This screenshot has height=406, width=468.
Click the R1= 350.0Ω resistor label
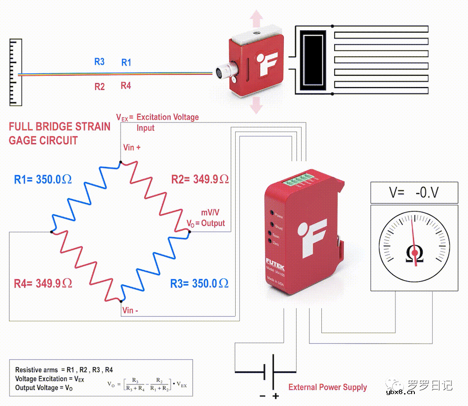pos(44,179)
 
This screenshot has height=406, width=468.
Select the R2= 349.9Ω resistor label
pos(200,179)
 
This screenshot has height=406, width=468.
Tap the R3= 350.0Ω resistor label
pos(199,283)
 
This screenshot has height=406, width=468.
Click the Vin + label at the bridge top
pos(132,148)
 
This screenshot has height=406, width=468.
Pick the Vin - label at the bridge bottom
pos(131,311)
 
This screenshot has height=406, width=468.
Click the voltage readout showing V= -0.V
pos(414,193)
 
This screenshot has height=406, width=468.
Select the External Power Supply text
pos(328,387)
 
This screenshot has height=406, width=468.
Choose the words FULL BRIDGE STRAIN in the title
pos(60,127)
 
